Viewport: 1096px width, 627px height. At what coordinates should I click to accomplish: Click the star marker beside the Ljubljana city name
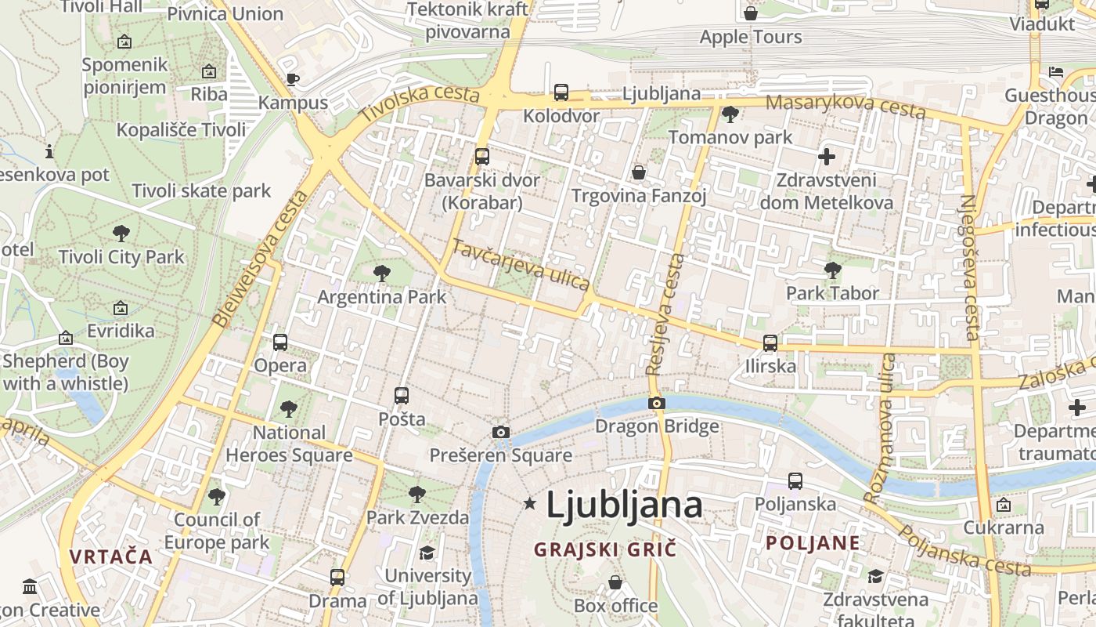click(530, 503)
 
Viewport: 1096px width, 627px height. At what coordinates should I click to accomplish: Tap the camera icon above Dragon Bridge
click(657, 404)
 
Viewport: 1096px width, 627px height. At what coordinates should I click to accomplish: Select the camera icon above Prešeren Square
click(501, 432)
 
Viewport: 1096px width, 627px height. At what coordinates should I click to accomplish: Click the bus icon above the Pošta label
click(402, 396)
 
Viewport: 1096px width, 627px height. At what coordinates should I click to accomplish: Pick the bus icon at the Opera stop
click(280, 342)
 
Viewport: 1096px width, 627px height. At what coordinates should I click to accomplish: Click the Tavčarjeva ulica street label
click(521, 264)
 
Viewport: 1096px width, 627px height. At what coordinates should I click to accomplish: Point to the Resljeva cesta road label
click(665, 314)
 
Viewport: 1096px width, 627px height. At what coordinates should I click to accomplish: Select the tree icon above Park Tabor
click(833, 270)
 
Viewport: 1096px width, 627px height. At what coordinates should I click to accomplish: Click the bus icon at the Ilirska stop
click(770, 343)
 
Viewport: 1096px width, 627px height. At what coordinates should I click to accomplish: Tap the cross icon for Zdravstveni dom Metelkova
click(827, 157)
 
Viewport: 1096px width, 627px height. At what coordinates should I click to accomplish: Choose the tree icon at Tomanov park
click(730, 114)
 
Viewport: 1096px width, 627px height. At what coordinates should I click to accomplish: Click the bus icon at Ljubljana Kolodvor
click(561, 92)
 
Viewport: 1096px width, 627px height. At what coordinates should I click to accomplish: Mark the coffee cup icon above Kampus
click(293, 79)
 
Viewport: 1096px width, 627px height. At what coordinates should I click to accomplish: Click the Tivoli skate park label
click(201, 190)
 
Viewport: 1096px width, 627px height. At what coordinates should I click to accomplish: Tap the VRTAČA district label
click(110, 557)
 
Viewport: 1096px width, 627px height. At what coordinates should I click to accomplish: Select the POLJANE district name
click(813, 543)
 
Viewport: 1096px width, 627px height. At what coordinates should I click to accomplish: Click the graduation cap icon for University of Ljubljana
click(427, 553)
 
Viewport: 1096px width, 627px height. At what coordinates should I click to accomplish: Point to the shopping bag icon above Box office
click(615, 582)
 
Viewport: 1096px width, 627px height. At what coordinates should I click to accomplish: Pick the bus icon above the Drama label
click(337, 578)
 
